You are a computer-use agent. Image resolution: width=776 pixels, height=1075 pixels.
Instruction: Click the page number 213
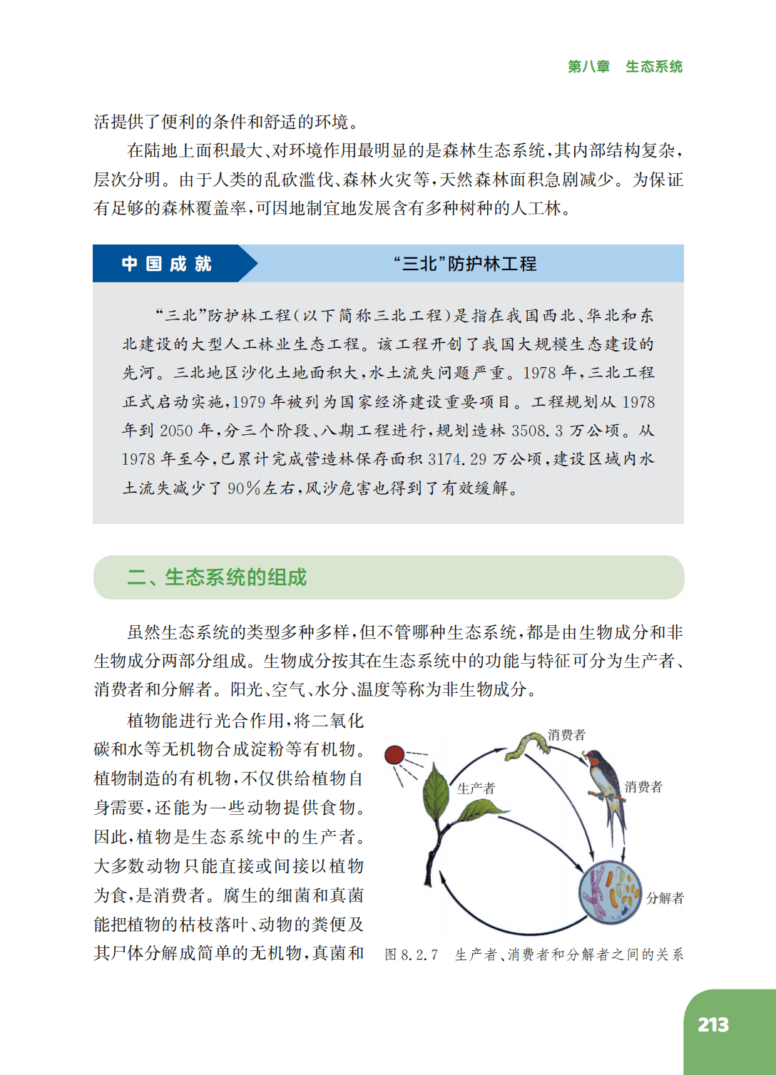coord(713,1025)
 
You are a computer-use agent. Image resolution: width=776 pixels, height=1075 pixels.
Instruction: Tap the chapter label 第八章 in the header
coord(588,67)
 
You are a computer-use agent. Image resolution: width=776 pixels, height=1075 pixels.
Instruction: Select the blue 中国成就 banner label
coord(166,264)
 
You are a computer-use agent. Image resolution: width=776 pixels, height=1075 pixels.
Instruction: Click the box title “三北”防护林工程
coord(465,264)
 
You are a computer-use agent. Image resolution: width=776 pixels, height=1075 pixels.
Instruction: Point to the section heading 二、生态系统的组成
coord(217,577)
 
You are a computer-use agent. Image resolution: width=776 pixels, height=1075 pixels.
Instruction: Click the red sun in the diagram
coord(394,755)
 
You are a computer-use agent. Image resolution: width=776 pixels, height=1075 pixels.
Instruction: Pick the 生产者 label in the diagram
coord(476,788)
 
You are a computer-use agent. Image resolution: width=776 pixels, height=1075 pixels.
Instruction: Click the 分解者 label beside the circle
coord(665,898)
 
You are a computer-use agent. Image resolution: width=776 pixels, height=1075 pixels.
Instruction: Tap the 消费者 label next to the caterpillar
coord(566,735)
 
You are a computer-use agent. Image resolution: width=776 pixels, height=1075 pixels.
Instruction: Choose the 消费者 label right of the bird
coord(643,787)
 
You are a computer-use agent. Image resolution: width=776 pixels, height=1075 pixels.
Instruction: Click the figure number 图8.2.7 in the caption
coord(411,955)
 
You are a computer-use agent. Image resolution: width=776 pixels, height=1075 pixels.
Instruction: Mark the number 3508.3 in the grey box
coord(536,431)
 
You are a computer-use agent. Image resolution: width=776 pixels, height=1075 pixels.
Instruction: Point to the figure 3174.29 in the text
coord(457,459)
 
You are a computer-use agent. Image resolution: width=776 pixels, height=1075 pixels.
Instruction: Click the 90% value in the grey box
coord(243,488)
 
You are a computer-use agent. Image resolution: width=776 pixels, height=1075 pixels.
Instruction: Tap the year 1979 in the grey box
coord(248,402)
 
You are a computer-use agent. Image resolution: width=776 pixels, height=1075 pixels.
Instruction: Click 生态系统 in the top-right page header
coord(654,67)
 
